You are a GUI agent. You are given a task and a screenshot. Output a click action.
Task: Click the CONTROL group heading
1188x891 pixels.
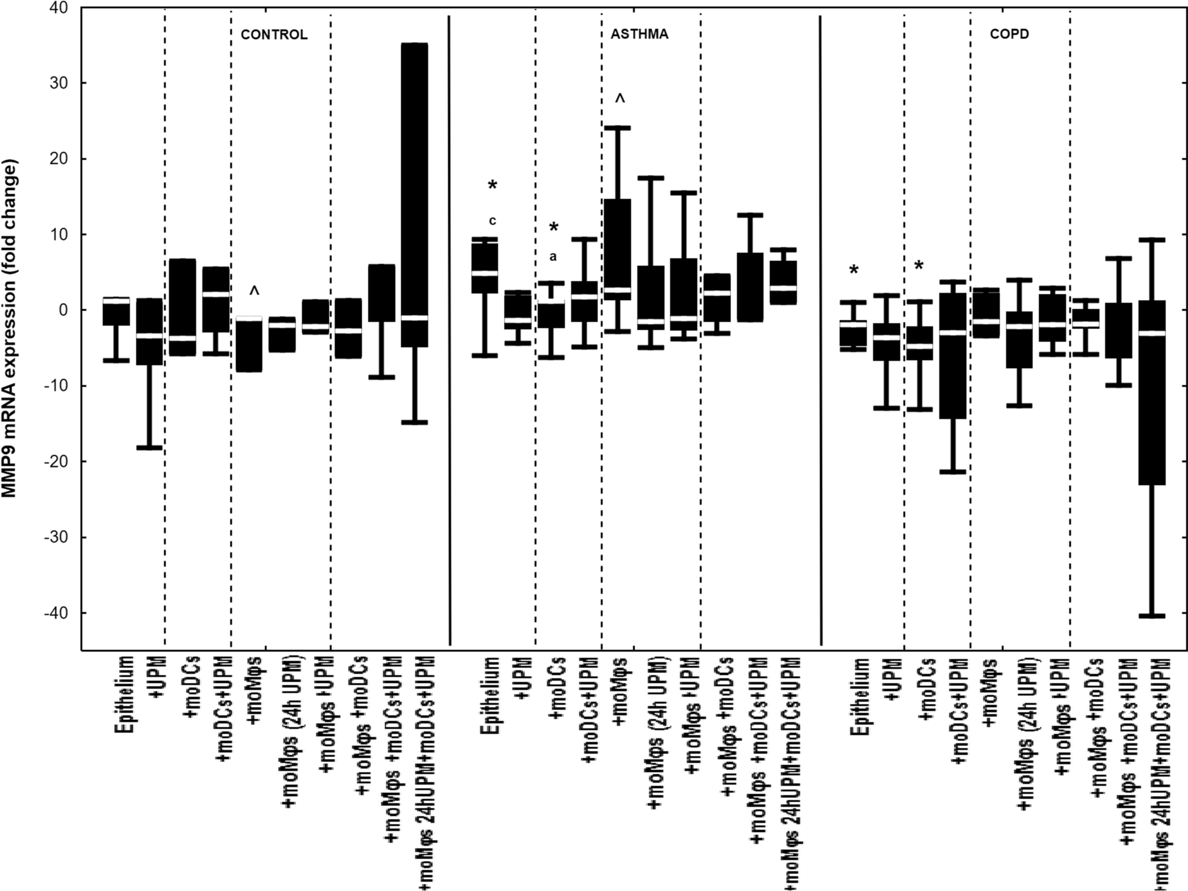273,35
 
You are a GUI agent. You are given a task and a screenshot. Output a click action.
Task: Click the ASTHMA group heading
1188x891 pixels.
639,34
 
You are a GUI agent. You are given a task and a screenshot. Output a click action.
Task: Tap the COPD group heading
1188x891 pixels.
1009,34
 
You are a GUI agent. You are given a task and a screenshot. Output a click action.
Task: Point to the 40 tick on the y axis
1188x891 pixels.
59,8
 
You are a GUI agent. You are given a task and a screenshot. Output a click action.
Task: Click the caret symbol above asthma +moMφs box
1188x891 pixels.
620,99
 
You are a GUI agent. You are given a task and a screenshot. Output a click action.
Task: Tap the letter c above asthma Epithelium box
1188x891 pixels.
492,221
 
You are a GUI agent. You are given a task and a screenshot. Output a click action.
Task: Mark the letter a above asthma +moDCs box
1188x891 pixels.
553,257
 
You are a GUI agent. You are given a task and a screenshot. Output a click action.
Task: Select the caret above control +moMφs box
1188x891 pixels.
254,291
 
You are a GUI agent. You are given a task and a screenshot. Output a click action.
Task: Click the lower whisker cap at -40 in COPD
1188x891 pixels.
1151,616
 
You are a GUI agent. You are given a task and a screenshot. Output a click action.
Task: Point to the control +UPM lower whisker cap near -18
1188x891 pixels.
149,448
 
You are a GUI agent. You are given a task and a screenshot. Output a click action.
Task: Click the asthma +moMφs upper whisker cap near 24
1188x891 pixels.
617,128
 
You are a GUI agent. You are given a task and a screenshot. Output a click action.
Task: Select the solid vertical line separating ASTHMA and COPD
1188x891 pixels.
820,331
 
